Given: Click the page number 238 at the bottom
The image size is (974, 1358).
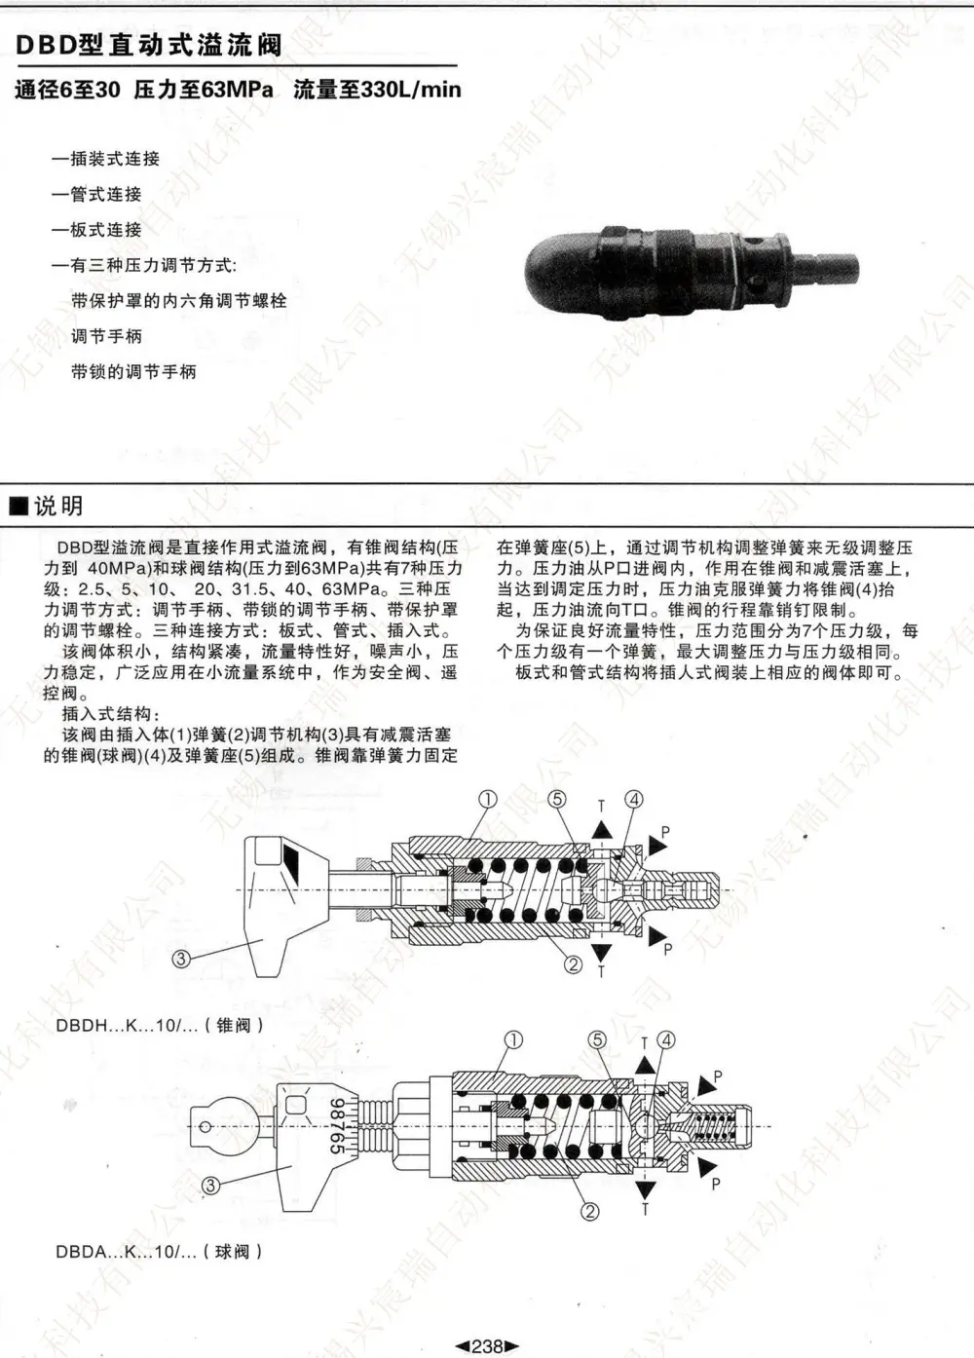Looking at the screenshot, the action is (x=487, y=1346).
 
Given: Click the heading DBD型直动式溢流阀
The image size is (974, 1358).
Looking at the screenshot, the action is (x=149, y=46).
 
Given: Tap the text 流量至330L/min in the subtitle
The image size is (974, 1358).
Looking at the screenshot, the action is (x=377, y=90).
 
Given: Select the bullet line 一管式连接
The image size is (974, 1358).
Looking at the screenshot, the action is (x=97, y=194).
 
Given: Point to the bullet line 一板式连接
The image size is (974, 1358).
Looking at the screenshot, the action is (x=97, y=230).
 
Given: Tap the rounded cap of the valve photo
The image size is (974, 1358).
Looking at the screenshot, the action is (x=561, y=269).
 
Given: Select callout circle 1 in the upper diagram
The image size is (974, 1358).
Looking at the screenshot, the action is (x=488, y=800).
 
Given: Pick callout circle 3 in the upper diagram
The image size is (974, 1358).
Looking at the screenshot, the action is (x=181, y=959).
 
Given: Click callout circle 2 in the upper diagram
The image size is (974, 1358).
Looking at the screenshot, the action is (x=574, y=964).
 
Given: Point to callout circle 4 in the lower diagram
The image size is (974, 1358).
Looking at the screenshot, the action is (x=666, y=1040).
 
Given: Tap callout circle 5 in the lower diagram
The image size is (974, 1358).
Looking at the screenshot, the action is (x=598, y=1040).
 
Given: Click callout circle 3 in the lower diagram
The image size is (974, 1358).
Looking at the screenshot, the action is (x=210, y=1186).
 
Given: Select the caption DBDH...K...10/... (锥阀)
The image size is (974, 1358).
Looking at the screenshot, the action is (x=160, y=1025).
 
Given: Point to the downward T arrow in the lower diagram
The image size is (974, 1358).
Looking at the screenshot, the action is (x=645, y=1190).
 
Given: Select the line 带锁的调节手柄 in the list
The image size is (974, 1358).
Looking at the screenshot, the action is (x=134, y=371).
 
